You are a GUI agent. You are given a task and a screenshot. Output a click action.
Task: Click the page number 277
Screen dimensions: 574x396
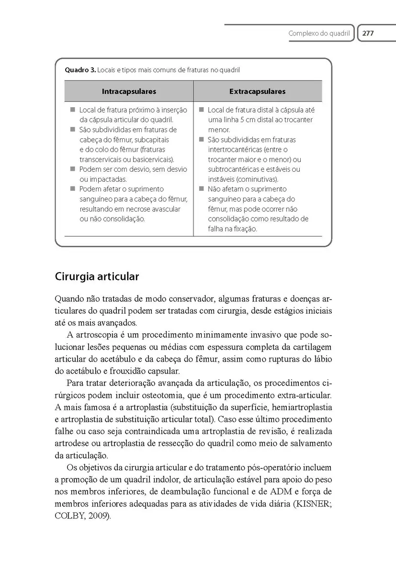[x=368, y=33]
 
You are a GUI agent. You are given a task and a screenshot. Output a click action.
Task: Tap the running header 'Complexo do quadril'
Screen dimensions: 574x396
[x=319, y=33]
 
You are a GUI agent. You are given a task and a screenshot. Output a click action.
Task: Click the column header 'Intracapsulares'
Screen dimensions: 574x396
[x=129, y=91]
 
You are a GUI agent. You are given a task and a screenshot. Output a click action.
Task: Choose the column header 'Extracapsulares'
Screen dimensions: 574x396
[x=257, y=91]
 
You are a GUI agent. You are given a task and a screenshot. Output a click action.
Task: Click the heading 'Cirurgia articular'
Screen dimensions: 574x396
[x=97, y=276]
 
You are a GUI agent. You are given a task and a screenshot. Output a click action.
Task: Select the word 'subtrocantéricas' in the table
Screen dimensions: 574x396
[x=234, y=169]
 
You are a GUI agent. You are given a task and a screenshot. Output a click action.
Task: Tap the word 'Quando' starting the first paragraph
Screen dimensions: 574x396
[x=70, y=299]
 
